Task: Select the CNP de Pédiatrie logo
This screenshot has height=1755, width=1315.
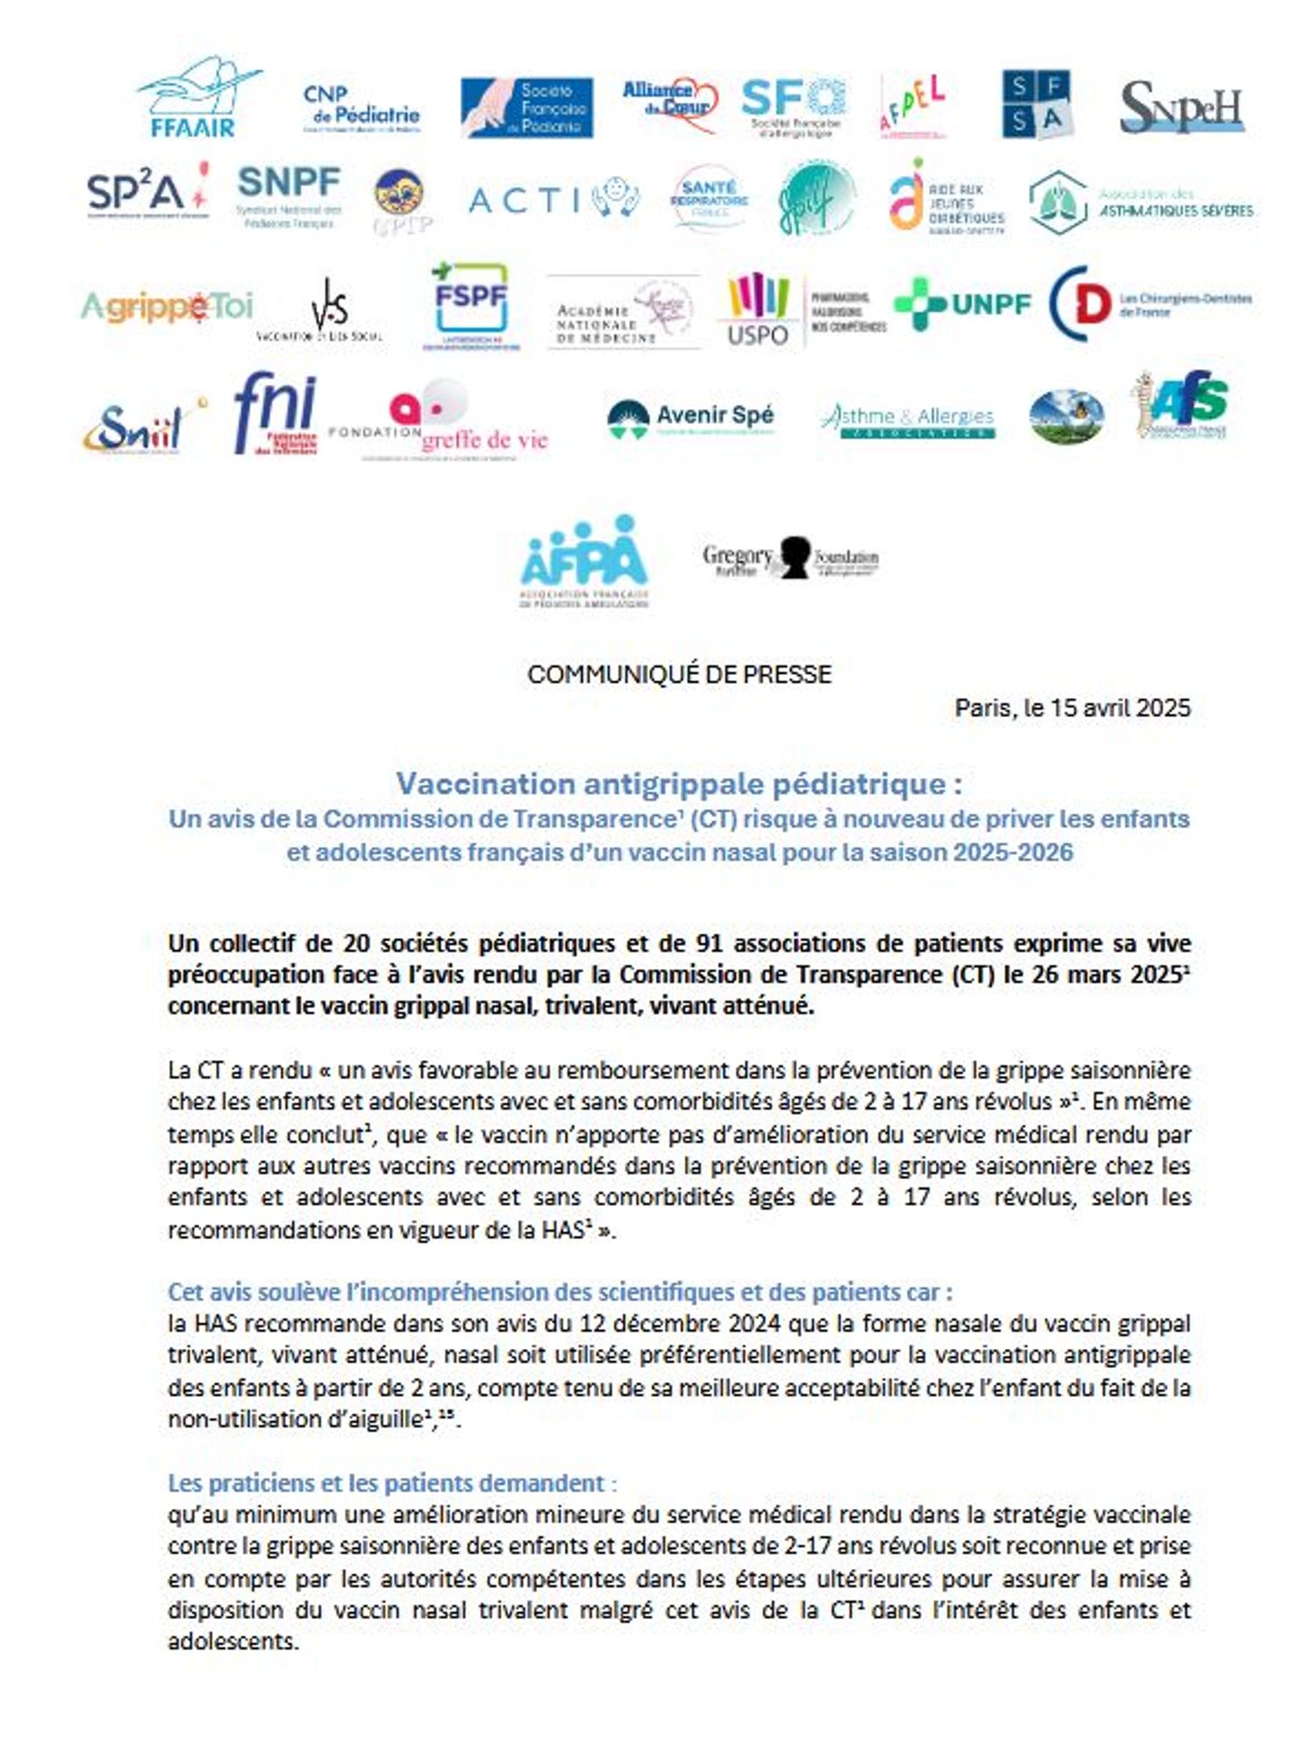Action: [x=361, y=108]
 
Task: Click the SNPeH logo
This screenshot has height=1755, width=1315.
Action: [x=1182, y=107]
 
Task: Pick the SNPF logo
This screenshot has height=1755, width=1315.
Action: [x=289, y=196]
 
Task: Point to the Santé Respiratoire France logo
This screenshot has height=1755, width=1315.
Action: [x=709, y=197]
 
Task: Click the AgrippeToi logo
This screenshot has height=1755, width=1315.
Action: [x=167, y=307]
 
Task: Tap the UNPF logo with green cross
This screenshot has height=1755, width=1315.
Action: [x=962, y=304]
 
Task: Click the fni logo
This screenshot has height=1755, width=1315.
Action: [x=275, y=412]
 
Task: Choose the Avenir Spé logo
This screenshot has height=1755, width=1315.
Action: [x=690, y=418]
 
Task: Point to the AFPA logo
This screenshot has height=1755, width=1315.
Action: [x=584, y=560]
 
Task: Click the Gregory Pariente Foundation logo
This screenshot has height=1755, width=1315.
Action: [x=790, y=558]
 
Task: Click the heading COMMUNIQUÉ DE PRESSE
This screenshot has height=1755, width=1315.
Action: [x=679, y=674]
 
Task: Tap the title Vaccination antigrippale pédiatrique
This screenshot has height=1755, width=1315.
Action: [x=679, y=783]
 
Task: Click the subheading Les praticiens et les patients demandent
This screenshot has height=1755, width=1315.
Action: [x=386, y=1483]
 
